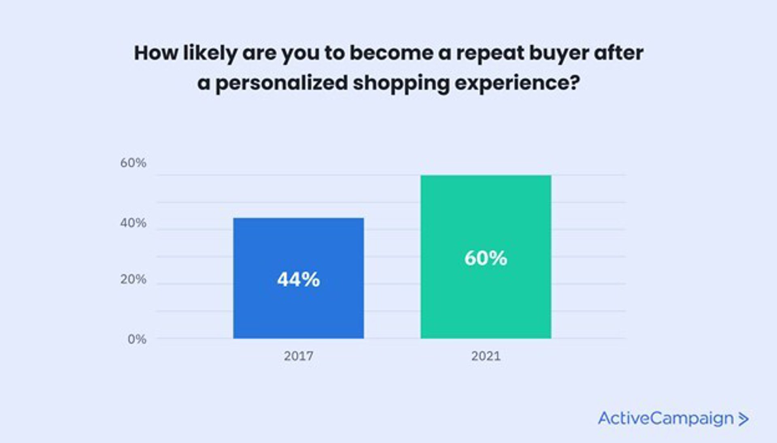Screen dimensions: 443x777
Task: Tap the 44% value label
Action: click(298, 280)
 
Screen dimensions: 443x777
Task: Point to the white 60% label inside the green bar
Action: click(486, 258)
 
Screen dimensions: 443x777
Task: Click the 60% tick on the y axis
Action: click(133, 163)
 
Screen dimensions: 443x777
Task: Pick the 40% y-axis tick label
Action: click(133, 223)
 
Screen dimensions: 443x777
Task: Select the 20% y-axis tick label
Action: click(133, 279)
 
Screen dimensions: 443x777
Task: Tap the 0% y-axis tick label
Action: click(137, 339)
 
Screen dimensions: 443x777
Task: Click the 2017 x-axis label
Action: click(298, 356)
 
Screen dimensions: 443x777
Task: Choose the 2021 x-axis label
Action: click(486, 356)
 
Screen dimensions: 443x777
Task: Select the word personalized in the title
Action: click(282, 83)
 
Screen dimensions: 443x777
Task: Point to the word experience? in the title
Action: click(517, 83)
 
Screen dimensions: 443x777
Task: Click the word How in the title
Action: click(156, 53)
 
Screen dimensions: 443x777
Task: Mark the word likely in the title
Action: click(210, 53)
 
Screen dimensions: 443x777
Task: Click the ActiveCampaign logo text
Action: click(665, 418)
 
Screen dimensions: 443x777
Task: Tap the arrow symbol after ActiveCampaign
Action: click(743, 419)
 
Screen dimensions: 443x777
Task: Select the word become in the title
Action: click(391, 53)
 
